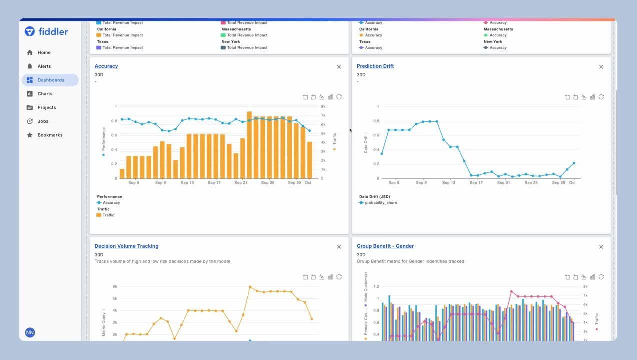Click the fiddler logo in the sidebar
click(46, 32)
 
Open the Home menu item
click(44, 52)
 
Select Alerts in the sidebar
click(44, 66)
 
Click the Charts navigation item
click(45, 94)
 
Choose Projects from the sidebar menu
click(46, 107)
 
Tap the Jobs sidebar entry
click(43, 121)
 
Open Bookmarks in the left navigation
click(50, 135)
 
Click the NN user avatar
click(30, 333)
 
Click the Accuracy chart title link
click(106, 66)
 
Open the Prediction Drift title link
click(375, 66)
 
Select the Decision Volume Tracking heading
click(126, 246)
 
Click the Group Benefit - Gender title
click(385, 246)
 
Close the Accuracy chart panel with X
click(339, 67)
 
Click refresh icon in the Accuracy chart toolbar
click(339, 97)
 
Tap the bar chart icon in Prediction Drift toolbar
click(592, 97)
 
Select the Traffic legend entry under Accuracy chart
click(108, 215)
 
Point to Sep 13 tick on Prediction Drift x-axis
click(449, 183)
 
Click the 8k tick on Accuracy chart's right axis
click(323, 106)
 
